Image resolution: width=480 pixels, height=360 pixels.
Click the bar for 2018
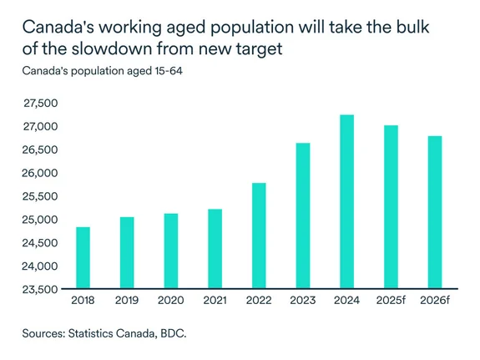[83, 258]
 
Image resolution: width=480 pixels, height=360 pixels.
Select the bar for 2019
[127, 253]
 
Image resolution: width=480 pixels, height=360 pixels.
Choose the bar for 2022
[259, 236]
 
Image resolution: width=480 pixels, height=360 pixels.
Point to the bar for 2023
[302, 216]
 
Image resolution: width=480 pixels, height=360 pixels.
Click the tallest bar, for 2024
[346, 202]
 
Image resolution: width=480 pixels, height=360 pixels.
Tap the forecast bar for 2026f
[434, 213]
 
